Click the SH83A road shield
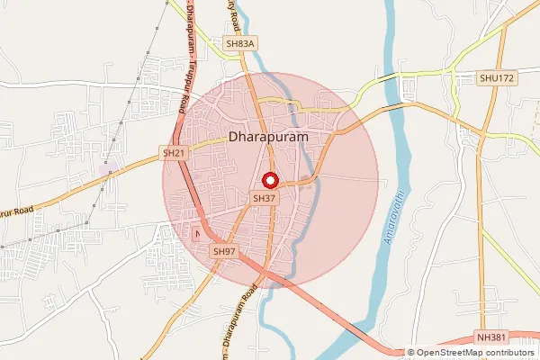click(x=241, y=43)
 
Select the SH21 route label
click(x=174, y=154)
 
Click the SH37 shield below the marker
click(x=264, y=197)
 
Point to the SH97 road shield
click(x=224, y=251)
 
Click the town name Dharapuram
click(x=269, y=138)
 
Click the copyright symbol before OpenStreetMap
click(x=411, y=353)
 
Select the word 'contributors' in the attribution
click(x=509, y=353)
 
